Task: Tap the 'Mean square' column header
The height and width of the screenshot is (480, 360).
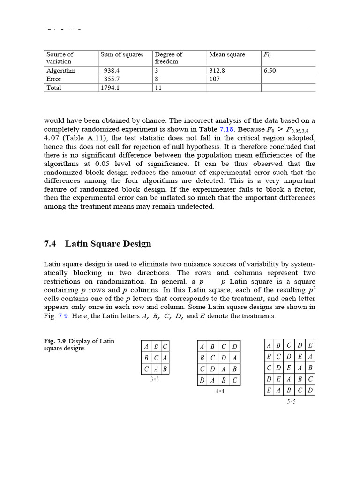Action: tap(227, 55)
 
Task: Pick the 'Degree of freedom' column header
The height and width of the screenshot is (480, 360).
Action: tap(169, 58)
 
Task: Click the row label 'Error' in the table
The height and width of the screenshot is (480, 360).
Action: tap(54, 79)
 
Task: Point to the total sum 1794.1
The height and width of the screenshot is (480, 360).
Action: tap(110, 88)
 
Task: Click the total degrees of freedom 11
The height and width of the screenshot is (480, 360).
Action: tap(158, 88)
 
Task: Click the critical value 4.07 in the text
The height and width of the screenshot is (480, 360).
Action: tap(52, 138)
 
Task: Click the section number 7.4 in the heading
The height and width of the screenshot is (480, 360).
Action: tap(50, 243)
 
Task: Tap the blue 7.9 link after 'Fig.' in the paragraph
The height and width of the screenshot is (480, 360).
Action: tap(63, 316)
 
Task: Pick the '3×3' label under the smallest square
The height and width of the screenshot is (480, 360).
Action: tap(155, 379)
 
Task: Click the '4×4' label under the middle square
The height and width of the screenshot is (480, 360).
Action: tap(219, 390)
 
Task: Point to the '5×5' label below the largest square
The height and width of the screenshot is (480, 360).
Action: tap(291, 401)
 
